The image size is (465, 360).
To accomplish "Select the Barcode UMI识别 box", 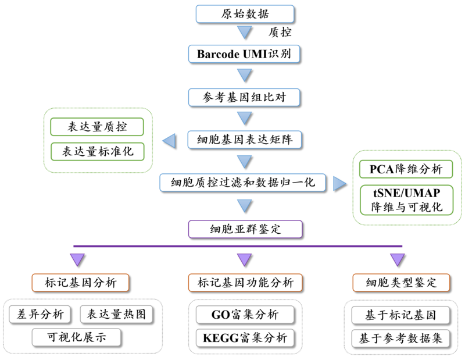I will [244, 54].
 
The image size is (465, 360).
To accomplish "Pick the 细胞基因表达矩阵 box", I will [244, 140].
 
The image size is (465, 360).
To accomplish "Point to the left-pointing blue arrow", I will [169, 140].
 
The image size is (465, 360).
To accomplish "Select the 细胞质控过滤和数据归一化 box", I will [244, 183].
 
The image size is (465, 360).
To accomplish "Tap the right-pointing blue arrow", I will [339, 183].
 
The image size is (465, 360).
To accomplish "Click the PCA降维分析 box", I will [406, 169].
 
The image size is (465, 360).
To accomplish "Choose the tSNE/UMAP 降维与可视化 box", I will [406, 198].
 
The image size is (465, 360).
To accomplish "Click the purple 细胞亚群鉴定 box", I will [244, 229].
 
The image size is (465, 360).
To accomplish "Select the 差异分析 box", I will [40, 314].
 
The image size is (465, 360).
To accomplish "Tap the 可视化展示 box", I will [77, 336].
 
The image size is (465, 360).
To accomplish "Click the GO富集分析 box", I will [245, 315].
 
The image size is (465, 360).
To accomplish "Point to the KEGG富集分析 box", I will [245, 338].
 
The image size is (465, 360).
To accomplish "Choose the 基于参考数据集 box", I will [401, 338].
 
